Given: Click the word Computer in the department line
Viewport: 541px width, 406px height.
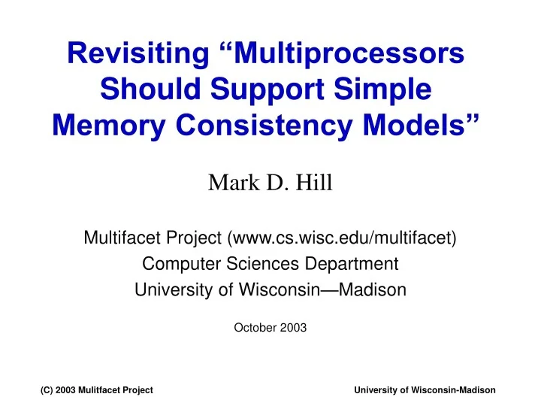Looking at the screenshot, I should [178, 264].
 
